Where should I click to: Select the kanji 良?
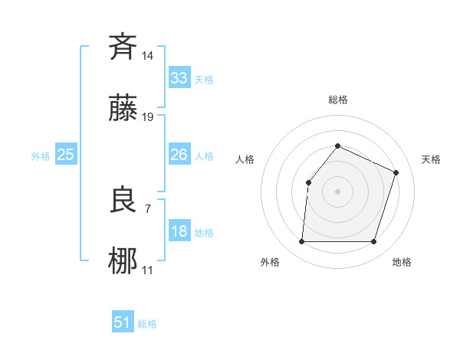[123, 201]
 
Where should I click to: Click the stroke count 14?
[148, 55]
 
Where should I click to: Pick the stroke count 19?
[148, 117]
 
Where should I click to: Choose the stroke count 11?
[148, 270]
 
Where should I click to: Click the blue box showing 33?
[179, 77]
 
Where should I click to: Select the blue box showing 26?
[179, 155]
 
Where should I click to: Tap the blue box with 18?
[179, 231]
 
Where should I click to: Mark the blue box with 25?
[65, 155]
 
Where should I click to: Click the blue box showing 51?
[123, 322]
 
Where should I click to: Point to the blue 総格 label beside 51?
[147, 324]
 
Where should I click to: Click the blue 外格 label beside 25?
[41, 156]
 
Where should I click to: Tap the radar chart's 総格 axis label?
[337, 100]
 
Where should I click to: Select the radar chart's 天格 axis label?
[431, 159]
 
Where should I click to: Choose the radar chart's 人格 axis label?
[245, 159]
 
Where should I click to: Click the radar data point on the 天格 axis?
[396, 172]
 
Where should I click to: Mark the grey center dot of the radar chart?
[337, 191]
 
